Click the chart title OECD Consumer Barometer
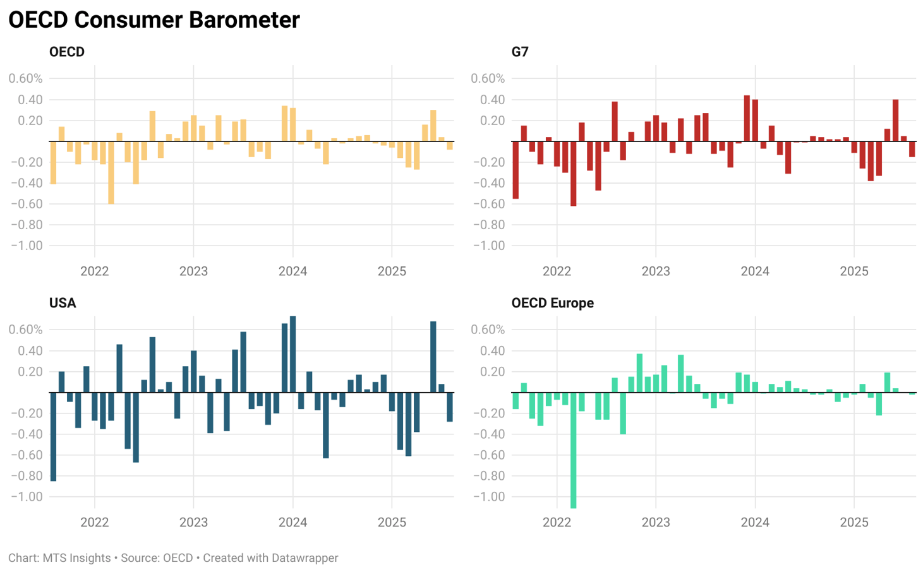[x=154, y=20]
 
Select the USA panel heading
[x=63, y=303]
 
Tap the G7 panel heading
[x=520, y=52]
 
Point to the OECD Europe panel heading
[x=552, y=303]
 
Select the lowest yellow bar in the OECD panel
[x=111, y=172]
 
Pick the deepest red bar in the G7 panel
[x=573, y=174]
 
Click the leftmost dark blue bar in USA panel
[x=53, y=437]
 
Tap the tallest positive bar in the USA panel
[x=293, y=354]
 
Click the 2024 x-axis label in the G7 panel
[x=754, y=271]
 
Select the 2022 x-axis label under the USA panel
[x=94, y=523]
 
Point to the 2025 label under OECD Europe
[x=854, y=523]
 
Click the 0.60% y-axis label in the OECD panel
[x=25, y=79]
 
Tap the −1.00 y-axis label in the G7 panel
[x=488, y=246]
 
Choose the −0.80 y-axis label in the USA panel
[x=27, y=476]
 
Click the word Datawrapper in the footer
[x=305, y=558]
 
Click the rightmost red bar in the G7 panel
[x=912, y=149]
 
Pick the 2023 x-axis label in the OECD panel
[x=193, y=271]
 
